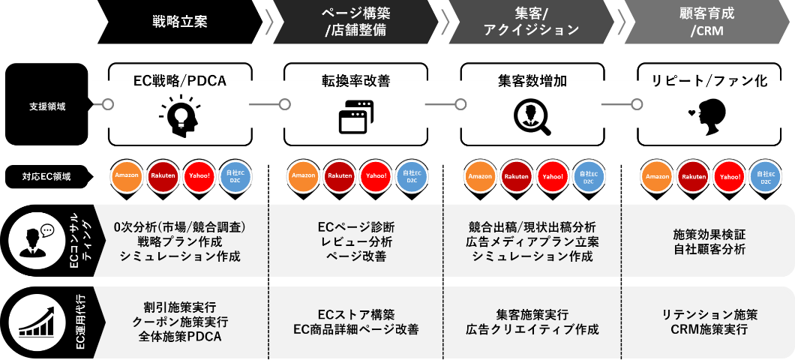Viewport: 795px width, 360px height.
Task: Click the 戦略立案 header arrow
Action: pos(180,22)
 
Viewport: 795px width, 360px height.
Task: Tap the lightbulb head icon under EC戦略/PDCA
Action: pos(180,115)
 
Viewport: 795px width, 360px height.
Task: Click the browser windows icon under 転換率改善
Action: pos(356,116)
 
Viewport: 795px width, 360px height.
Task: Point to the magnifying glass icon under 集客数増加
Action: pos(532,116)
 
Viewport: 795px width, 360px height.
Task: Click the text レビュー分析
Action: pos(356,241)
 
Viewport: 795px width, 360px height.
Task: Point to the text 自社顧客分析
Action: pos(709,249)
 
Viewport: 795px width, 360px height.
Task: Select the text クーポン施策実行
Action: pos(180,322)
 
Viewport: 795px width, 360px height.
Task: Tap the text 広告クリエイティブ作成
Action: pos(532,329)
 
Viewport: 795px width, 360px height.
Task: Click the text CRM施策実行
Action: pos(709,329)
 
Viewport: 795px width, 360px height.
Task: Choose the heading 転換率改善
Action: pos(356,81)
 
